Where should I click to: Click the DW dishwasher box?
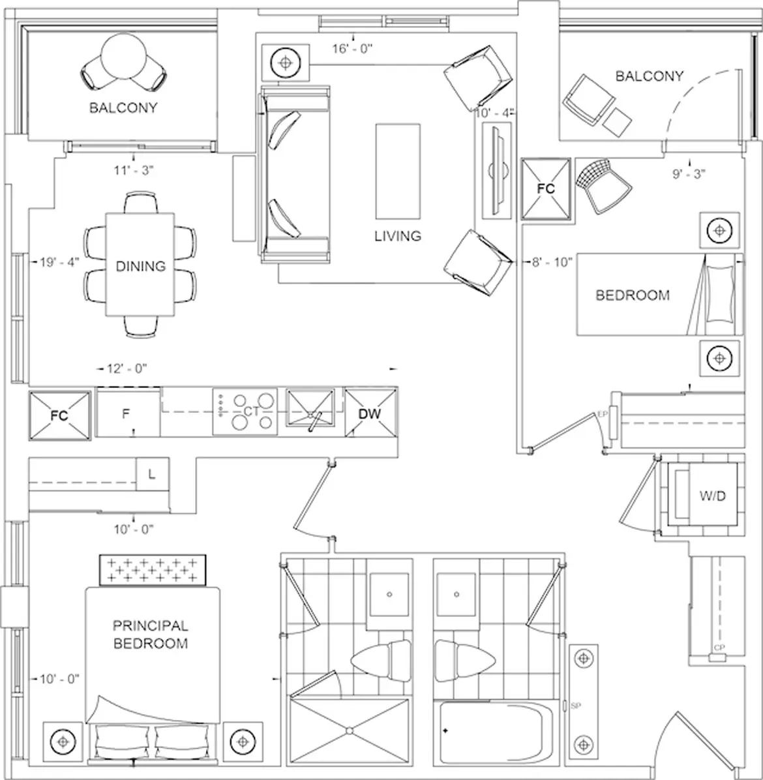pyautogui.click(x=371, y=413)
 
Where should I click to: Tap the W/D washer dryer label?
pyautogui.click(x=713, y=496)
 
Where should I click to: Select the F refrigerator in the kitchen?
pyautogui.click(x=128, y=412)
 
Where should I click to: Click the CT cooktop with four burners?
pyautogui.click(x=245, y=412)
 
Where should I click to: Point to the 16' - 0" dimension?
pyautogui.click(x=353, y=48)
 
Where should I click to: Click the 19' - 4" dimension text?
pyautogui.click(x=60, y=262)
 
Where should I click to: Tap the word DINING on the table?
pyautogui.click(x=141, y=266)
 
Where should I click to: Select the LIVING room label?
pyautogui.click(x=398, y=236)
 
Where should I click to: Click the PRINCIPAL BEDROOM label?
pyautogui.click(x=151, y=635)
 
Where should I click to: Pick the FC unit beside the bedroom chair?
pyautogui.click(x=546, y=188)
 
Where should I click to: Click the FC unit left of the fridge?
pyautogui.click(x=60, y=415)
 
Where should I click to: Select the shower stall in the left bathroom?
pyautogui.click(x=350, y=730)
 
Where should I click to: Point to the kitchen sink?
pyautogui.click(x=310, y=408)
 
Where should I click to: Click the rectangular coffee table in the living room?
pyautogui.click(x=397, y=171)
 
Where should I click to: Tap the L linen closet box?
pyautogui.click(x=152, y=474)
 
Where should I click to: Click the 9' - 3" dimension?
pyautogui.click(x=689, y=173)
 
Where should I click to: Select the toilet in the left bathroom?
pyautogui.click(x=381, y=661)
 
